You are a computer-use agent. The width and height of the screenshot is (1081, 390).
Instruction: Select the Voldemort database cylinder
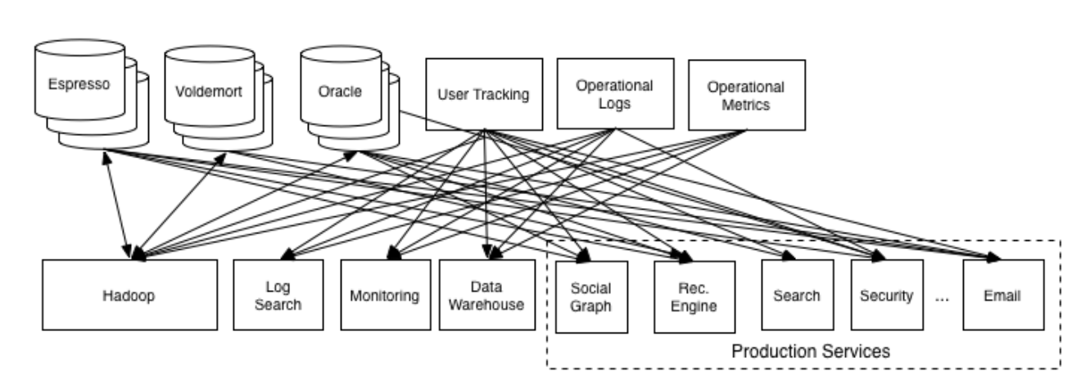pyautogui.click(x=209, y=89)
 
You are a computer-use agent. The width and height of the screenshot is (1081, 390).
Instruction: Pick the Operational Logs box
pyautogui.click(x=614, y=94)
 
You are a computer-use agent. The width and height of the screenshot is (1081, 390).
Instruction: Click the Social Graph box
pyautogui.click(x=590, y=297)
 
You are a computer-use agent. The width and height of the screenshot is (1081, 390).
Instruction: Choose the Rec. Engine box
pyautogui.click(x=698, y=297)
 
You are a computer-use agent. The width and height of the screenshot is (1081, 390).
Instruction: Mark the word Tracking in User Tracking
pyautogui.click(x=502, y=94)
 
